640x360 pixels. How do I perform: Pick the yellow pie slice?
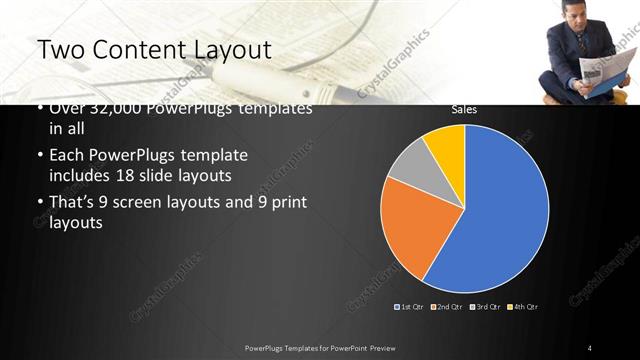pos(446,144)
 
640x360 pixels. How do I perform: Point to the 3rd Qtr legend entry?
pos(485,306)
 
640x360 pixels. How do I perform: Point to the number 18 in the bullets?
pos(186,175)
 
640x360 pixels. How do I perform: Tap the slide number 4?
pos(590,347)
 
